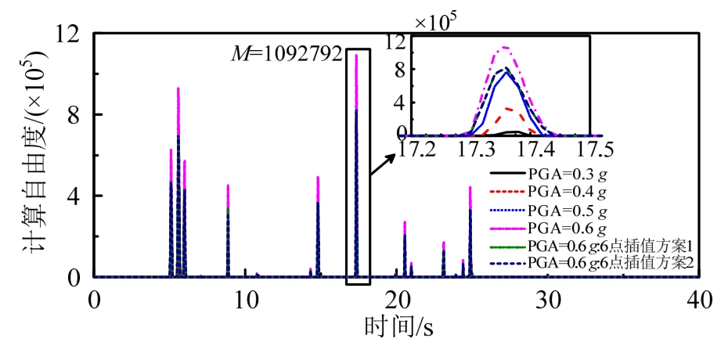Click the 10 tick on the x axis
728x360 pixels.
[246, 299]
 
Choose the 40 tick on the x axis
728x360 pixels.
[701, 299]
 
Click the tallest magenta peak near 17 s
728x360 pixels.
[356, 55]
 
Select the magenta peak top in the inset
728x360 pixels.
[506, 48]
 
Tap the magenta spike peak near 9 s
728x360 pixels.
[228, 185]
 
